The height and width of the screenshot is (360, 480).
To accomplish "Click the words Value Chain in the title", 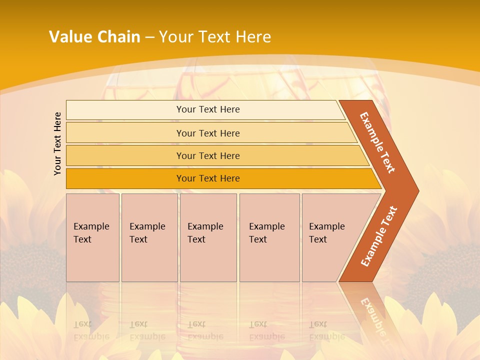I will pyautogui.click(x=94, y=36).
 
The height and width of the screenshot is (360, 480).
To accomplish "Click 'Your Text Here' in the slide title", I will pyautogui.click(x=215, y=36).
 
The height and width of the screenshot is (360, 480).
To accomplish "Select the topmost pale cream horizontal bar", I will pyautogui.click(x=125, y=109).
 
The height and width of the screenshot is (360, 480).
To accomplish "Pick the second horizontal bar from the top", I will pyautogui.click(x=125, y=133).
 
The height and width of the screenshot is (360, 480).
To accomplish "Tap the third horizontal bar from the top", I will pyautogui.click(x=125, y=155).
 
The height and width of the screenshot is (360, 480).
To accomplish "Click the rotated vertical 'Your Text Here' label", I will pyautogui.click(x=57, y=143).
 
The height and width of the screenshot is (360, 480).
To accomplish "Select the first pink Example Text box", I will pyautogui.click(x=92, y=237).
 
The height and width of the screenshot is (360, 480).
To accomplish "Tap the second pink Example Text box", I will pyautogui.click(x=149, y=237).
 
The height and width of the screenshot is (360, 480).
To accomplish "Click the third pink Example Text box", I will pyautogui.click(x=208, y=237).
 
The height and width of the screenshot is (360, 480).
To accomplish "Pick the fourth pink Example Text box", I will pyautogui.click(x=269, y=237).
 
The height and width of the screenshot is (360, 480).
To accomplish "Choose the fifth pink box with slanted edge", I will pyautogui.click(x=330, y=237).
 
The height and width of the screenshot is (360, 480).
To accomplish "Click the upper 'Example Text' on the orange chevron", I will pyautogui.click(x=378, y=142).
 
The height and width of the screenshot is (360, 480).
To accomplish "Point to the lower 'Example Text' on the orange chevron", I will pyautogui.click(x=378, y=236).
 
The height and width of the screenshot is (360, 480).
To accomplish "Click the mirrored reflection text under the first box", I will pyautogui.click(x=91, y=330).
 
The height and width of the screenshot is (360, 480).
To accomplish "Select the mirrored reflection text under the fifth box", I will pyautogui.click(x=326, y=330).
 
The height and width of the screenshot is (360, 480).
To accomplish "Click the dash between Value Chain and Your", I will pyautogui.click(x=149, y=37).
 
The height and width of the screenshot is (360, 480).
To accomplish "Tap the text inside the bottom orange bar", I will pyautogui.click(x=208, y=178).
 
